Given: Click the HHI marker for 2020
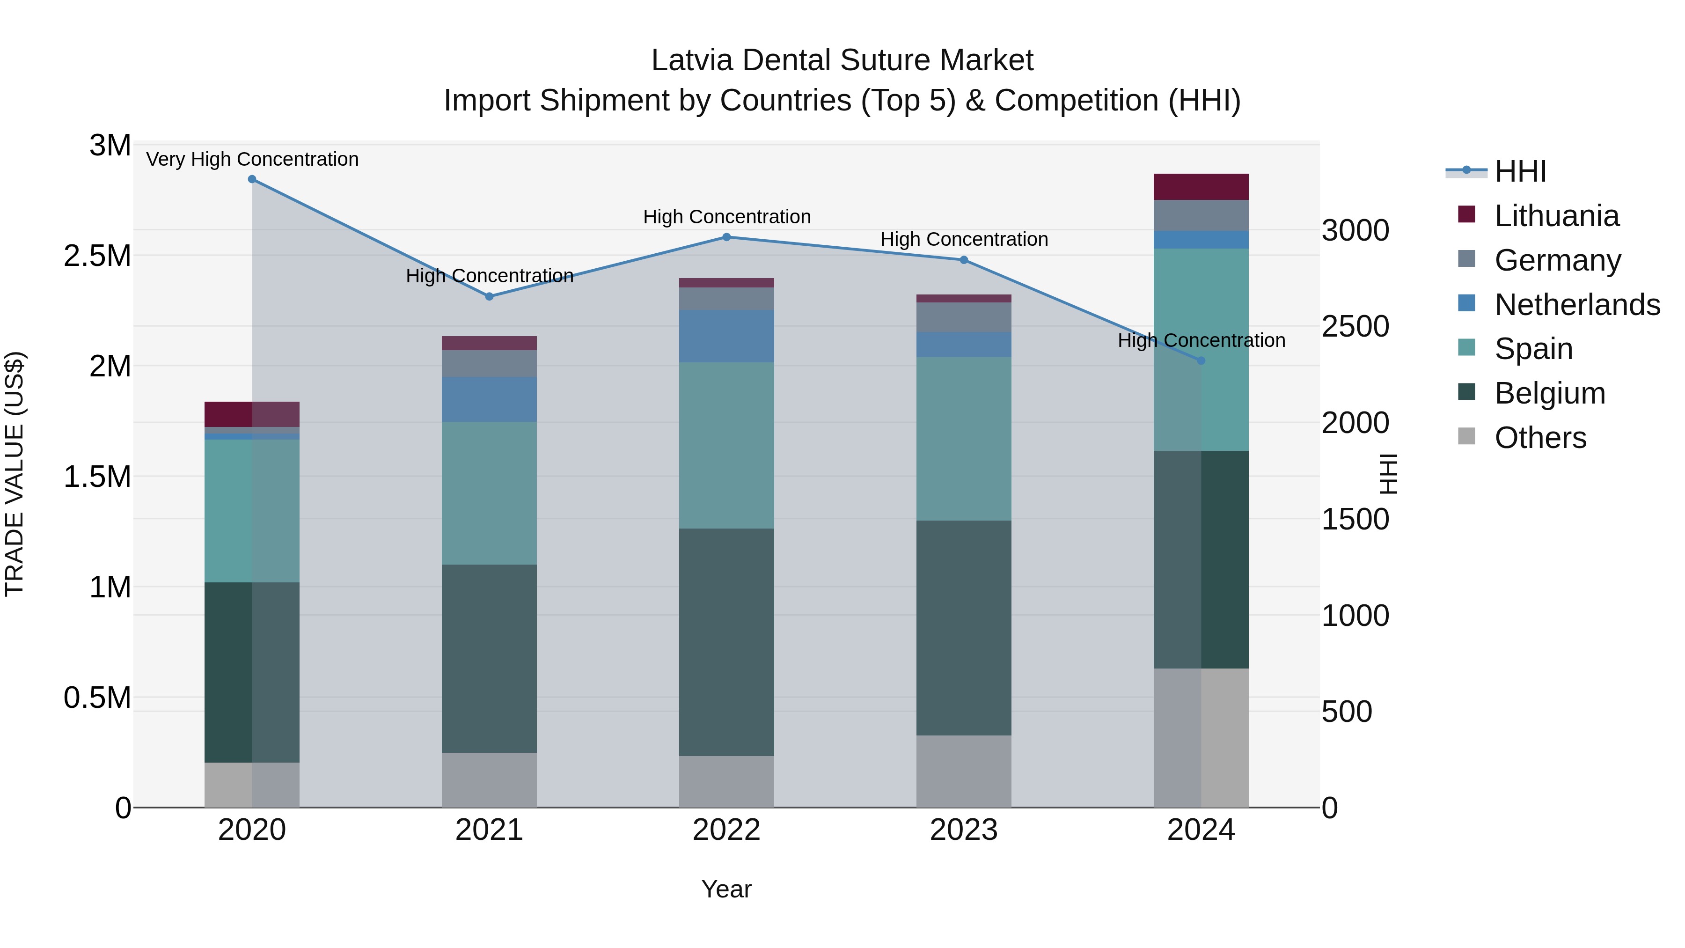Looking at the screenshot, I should click(x=252, y=179).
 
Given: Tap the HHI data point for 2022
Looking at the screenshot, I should click(x=726, y=237).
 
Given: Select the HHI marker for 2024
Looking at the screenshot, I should click(x=1201, y=361).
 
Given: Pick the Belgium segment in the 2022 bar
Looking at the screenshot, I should click(x=726, y=642).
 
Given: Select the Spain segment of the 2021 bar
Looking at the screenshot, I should click(x=489, y=492).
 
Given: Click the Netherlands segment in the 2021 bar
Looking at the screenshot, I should click(x=489, y=399).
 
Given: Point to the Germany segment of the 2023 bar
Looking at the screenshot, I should click(x=964, y=317).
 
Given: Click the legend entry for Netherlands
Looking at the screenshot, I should click(x=1576, y=305).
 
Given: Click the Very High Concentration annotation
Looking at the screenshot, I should click(x=252, y=159).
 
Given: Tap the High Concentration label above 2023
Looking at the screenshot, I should click(x=964, y=239).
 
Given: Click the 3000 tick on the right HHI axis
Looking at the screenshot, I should click(x=1355, y=231).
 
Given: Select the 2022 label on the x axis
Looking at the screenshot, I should click(x=726, y=830).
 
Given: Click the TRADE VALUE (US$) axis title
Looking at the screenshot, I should click(x=15, y=474).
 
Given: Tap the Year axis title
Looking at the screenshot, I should click(x=726, y=889).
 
